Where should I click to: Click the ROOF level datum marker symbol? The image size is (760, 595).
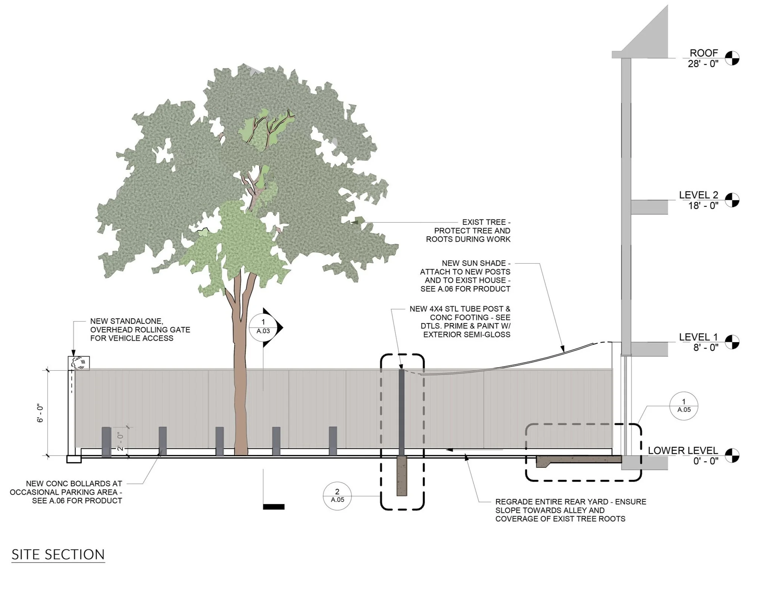[732, 58]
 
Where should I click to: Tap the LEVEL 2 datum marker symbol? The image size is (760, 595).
[732, 200]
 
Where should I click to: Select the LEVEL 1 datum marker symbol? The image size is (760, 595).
[732, 341]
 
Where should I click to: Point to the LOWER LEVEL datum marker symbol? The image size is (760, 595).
[732, 455]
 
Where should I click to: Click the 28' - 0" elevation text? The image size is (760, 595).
[703, 64]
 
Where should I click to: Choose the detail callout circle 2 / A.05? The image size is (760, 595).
[337, 496]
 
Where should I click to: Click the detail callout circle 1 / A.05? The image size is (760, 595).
[684, 406]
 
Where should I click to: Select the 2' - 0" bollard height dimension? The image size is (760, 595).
[120, 441]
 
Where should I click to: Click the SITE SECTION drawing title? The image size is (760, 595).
[58, 555]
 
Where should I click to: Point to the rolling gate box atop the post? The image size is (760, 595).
[79, 363]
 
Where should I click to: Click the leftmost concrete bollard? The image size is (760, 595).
[106, 442]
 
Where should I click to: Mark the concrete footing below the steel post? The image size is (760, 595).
[402, 476]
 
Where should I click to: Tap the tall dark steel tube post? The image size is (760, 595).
[402, 411]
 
